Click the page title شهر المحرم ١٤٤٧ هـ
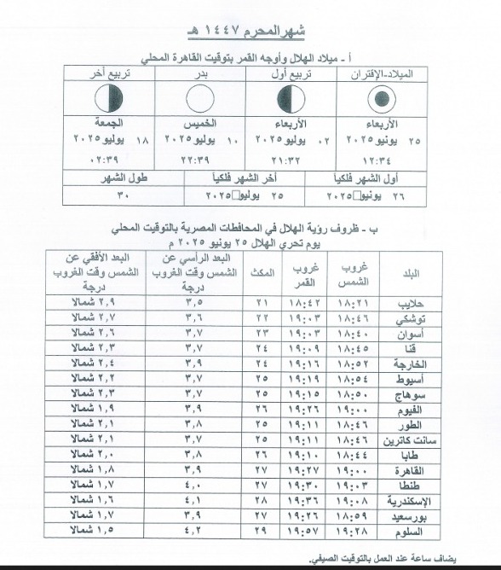pos(251,34)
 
